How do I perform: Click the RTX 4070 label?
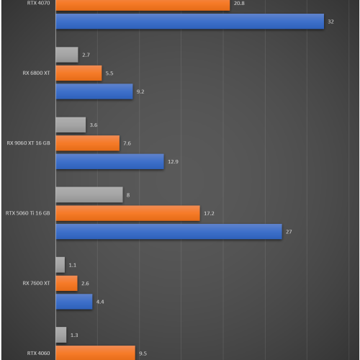tap(40, 3)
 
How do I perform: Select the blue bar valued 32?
tap(189, 22)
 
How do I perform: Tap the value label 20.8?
tap(239, 4)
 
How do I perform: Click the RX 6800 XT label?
tap(37, 73)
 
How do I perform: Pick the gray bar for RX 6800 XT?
tap(66, 55)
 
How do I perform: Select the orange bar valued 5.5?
tap(78, 73)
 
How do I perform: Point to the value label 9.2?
tap(140, 91)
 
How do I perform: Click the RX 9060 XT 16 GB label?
tap(29, 143)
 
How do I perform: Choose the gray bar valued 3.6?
tap(71, 125)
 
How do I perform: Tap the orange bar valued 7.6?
tap(87, 143)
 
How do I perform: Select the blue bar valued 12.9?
tap(109, 161)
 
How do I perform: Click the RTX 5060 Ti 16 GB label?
tap(28, 213)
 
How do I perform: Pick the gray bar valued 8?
tap(89, 194)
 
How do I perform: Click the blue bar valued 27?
tap(168, 231)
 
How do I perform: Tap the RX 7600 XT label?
tap(37, 283)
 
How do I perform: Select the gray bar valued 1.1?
tap(60, 265)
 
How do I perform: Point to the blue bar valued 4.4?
tap(73, 301)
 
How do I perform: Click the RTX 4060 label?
tap(39, 353)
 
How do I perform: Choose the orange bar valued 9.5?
tap(95, 353)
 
